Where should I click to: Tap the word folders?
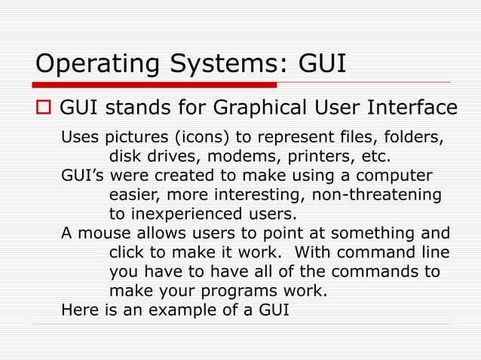tap(412, 140)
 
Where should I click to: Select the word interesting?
tap(247, 195)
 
